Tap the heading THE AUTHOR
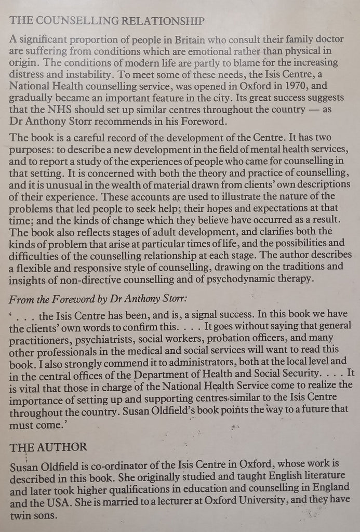(x=49, y=447)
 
